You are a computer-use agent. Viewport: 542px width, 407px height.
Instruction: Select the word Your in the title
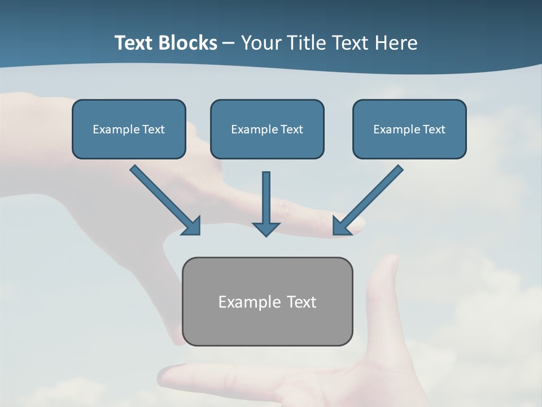pyautogui.click(x=261, y=43)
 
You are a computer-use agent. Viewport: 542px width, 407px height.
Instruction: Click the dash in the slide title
pyautogui.click(x=229, y=44)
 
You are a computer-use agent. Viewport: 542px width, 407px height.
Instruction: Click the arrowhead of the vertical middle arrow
pyautogui.click(x=266, y=228)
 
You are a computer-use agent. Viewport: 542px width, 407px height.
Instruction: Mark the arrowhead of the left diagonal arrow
pyautogui.click(x=192, y=226)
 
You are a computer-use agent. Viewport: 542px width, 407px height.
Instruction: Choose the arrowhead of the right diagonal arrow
pyautogui.click(x=341, y=226)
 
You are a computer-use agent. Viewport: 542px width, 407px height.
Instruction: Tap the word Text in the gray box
pyautogui.click(x=302, y=302)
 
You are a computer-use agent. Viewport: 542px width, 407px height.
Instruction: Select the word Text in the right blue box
pyautogui.click(x=434, y=129)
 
